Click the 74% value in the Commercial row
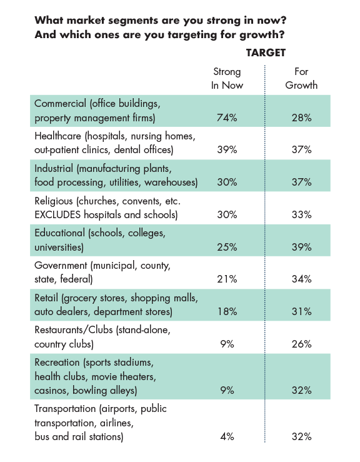point(227,118)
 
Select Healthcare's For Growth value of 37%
point(302,149)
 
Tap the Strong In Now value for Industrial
point(227,182)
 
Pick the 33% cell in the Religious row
point(302,214)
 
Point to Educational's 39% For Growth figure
point(302,247)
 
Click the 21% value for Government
point(227,279)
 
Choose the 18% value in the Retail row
point(227,311)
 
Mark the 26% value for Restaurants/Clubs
point(302,344)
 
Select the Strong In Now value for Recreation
point(227,390)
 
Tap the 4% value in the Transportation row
point(227,436)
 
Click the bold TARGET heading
point(266,53)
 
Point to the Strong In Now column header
point(227,78)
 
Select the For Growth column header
point(301,78)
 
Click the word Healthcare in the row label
point(57,136)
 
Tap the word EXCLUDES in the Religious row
point(57,214)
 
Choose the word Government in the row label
point(61,265)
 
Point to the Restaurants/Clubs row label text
point(102,337)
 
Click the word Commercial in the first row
point(61,103)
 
